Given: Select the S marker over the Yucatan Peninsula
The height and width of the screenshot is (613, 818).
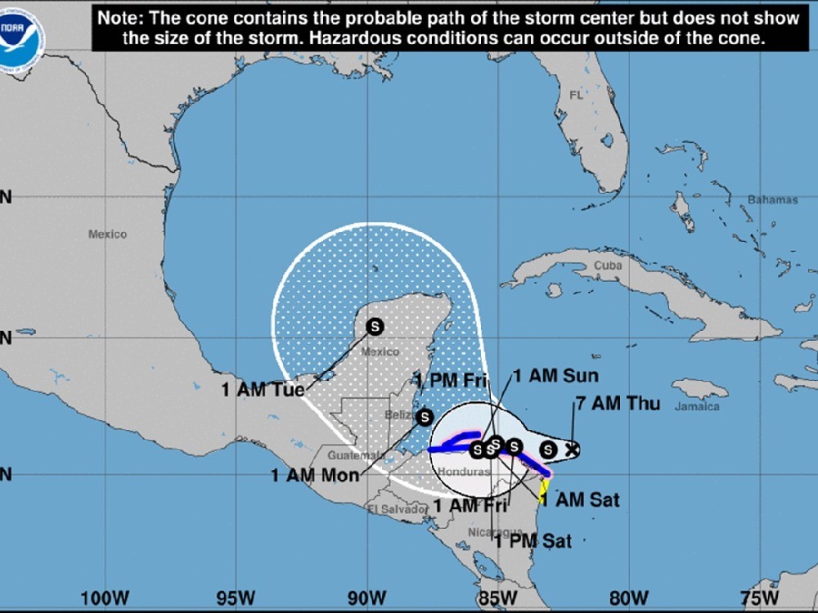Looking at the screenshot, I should click(x=375, y=326).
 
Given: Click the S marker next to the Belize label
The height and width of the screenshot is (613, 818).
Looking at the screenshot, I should click(x=424, y=417).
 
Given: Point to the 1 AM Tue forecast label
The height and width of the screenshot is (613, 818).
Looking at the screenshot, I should click(x=263, y=390).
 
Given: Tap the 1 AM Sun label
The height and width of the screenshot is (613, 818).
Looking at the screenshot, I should click(x=555, y=376).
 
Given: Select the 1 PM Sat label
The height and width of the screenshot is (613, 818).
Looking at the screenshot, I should click(x=533, y=540).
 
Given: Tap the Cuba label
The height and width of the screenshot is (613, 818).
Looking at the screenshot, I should click(x=608, y=266).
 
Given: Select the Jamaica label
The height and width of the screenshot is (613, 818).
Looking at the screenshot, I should click(x=696, y=406).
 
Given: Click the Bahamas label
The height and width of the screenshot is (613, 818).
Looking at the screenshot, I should click(x=771, y=200).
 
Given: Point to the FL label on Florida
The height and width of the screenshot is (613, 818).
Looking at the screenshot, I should click(x=575, y=96).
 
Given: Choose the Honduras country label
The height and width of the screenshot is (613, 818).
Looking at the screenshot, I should click(x=461, y=472).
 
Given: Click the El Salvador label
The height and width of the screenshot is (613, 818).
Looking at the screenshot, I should click(x=398, y=510).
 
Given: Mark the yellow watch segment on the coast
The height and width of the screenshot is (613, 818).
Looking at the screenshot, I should click(x=543, y=488).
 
